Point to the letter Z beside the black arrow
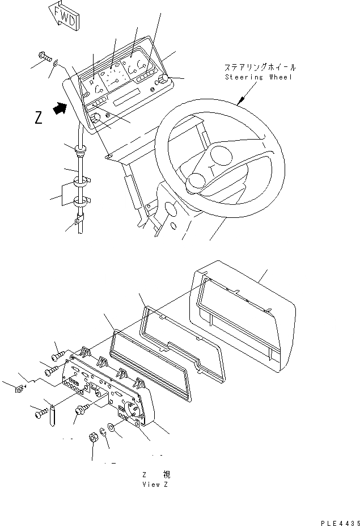click(38, 117)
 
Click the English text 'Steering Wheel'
click(259, 77)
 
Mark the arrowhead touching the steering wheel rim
click(240, 104)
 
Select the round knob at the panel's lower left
click(96, 118)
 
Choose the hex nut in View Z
click(94, 437)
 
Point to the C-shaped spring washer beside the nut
click(103, 432)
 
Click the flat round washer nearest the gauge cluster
click(112, 426)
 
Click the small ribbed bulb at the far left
click(18, 389)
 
